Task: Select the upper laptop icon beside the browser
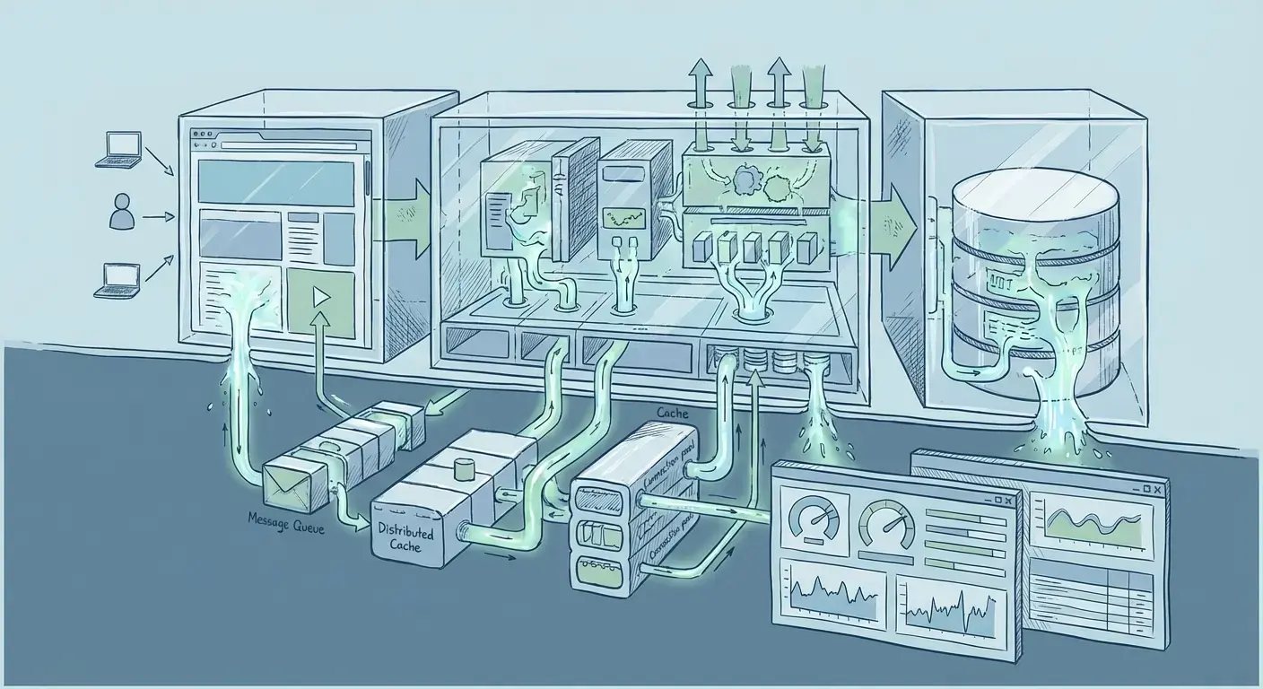coord(119,149)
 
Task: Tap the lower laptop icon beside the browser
coord(119,280)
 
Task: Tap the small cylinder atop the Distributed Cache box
coord(464,469)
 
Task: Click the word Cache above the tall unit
coord(673,413)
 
